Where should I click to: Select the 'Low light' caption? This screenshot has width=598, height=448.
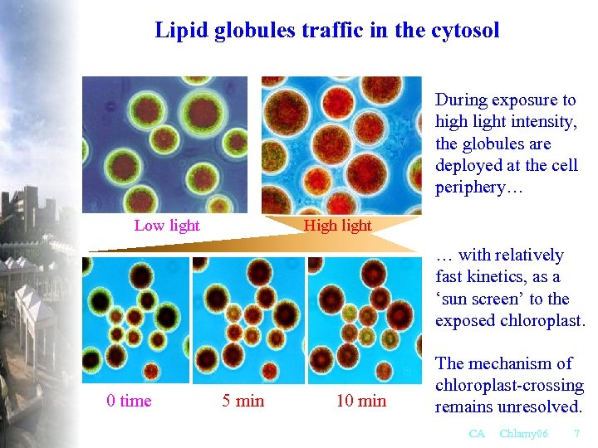pyautogui.click(x=167, y=226)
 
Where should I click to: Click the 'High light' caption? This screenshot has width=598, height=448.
pyautogui.click(x=338, y=226)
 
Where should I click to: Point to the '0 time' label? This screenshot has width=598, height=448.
pyautogui.click(x=130, y=402)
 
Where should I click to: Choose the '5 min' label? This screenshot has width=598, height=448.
pyautogui.click(x=243, y=402)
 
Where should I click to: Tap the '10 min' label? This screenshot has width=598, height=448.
pyautogui.click(x=361, y=402)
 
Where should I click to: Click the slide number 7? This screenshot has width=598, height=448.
pyautogui.click(x=576, y=434)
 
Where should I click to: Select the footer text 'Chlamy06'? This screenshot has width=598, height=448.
pyautogui.click(x=524, y=434)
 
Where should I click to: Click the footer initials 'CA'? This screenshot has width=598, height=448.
pyautogui.click(x=477, y=434)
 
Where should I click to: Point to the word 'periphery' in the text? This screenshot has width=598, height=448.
pyautogui.click(x=469, y=187)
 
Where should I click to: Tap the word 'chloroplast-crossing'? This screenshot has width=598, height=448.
pyautogui.click(x=509, y=385)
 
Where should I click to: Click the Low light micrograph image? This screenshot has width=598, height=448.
pyautogui.click(x=165, y=145)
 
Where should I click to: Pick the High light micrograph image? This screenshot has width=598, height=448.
pyautogui.click(x=341, y=145)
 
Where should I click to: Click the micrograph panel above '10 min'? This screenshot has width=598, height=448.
pyautogui.click(x=365, y=319)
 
